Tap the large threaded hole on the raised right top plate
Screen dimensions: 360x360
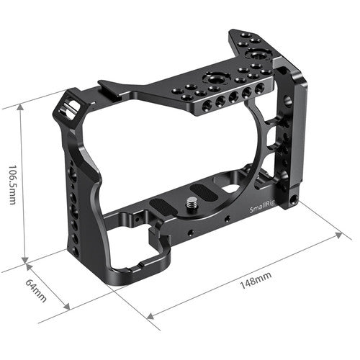tap(256, 54)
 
